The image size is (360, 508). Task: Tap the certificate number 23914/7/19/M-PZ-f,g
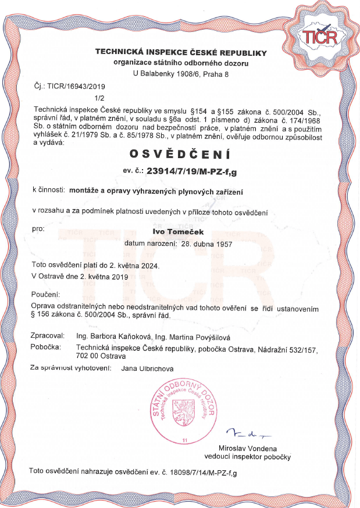click(x=197, y=171)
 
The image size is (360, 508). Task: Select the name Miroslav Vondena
click(x=248, y=448)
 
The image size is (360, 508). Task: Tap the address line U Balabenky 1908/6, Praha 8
click(x=181, y=74)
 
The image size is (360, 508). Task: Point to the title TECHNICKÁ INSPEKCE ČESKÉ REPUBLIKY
click(x=181, y=52)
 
